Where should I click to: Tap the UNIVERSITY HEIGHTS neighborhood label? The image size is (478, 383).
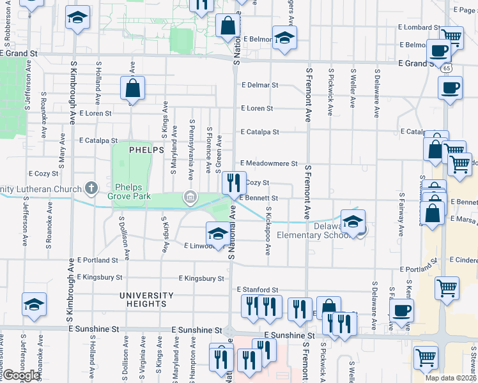click(x=146, y=299)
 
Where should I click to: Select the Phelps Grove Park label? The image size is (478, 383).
click(x=133, y=191)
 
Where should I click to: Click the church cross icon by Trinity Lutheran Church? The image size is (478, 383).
click(x=91, y=188)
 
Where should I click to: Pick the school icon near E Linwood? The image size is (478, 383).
click(x=218, y=233)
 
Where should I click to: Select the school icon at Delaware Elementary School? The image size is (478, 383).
click(x=352, y=221)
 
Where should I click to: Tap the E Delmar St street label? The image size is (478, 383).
click(x=259, y=85)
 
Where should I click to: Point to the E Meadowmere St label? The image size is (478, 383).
click(x=269, y=164)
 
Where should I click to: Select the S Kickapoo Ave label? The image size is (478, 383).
click(x=268, y=230)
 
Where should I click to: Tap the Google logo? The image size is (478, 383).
click(x=20, y=375)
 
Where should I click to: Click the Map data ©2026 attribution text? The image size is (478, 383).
click(x=451, y=378)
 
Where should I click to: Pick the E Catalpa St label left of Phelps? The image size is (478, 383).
click(x=98, y=140)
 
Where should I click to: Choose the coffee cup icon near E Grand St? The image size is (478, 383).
click(x=438, y=50)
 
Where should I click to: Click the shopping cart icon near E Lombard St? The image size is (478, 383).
click(x=452, y=38)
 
